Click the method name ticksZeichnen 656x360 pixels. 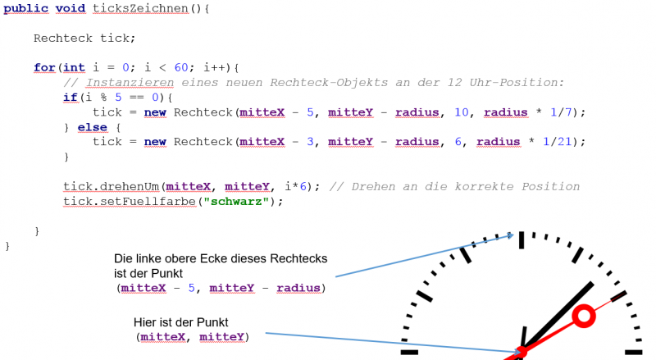pos(140,8)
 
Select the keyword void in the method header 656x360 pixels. pos(71,8)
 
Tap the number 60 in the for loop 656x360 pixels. pos(180,67)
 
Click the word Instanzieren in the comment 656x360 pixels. pos(130,83)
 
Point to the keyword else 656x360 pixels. pos(92,127)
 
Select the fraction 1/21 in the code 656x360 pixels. pos(558,142)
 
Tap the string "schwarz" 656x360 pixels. pos(236,202)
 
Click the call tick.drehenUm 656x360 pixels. pos(112,187)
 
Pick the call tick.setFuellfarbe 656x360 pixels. pos(130,202)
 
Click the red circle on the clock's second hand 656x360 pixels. pos(584,316)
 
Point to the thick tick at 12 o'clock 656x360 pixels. pos(522,240)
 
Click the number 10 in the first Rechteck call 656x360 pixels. pos(462,112)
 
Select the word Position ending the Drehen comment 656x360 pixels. pos(550,187)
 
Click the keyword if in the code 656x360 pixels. pos(71,98)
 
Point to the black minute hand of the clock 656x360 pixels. pos(558,317)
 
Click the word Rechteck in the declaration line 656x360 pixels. pos(63,38)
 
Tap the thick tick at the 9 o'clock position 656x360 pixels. pos(409,353)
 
